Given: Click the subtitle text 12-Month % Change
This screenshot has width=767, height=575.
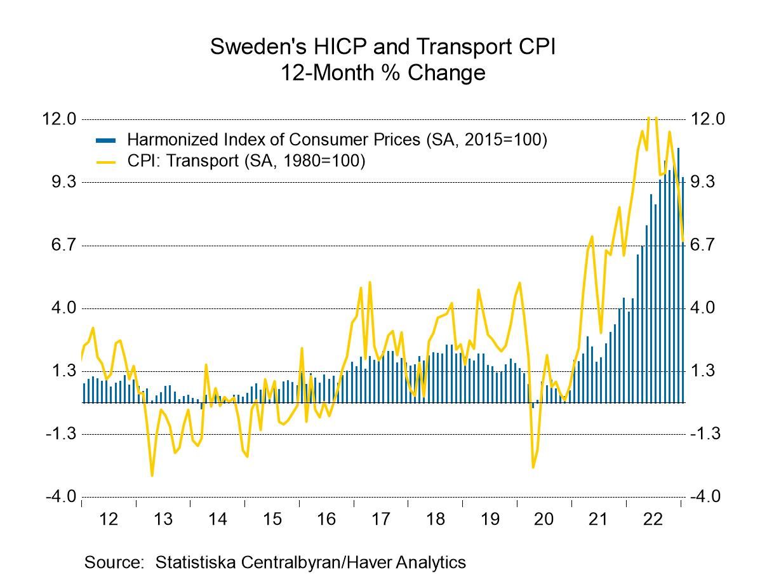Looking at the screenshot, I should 383,72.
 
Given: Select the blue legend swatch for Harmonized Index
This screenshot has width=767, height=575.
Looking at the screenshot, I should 105,140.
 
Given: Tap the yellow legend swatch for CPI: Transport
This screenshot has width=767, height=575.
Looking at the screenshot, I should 105,161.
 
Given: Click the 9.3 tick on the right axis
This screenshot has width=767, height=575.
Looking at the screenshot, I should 706,182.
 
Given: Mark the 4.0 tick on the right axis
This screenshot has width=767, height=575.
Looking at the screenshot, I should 706,308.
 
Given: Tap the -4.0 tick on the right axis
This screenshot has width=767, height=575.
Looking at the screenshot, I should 706,497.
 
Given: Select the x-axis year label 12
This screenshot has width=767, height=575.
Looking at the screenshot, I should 109,519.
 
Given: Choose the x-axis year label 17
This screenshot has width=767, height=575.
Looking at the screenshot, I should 380,519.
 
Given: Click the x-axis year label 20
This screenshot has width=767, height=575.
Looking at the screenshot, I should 544,519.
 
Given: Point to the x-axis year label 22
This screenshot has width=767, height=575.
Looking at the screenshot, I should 653,519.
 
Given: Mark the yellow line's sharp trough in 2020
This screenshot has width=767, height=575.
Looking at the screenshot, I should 533,468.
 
